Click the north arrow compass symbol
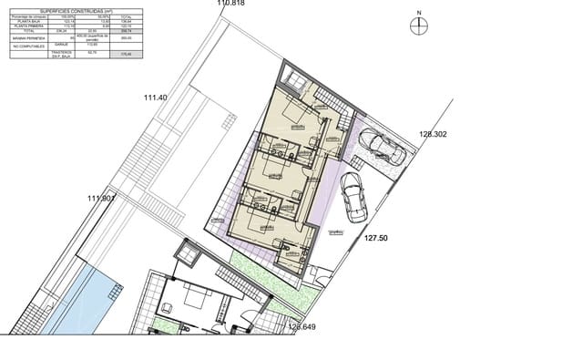pyautogui.click(x=418, y=26)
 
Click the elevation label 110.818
pyautogui.click(x=231, y=4)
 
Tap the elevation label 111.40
pyautogui.click(x=156, y=98)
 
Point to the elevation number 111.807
pyautogui.click(x=101, y=199)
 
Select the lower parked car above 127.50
pyautogui.click(x=353, y=195)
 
